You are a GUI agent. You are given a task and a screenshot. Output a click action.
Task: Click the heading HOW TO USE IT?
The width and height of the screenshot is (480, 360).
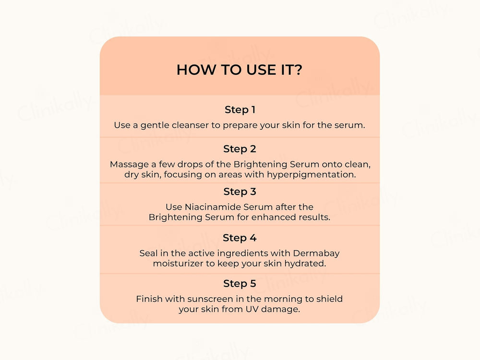pos(240,70)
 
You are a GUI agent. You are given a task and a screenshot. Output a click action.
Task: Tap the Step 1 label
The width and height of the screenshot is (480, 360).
pos(240,110)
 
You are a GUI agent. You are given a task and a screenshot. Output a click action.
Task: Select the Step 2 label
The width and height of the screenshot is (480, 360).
pos(240,149)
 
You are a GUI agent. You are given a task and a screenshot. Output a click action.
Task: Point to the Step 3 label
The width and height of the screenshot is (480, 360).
pos(240,192)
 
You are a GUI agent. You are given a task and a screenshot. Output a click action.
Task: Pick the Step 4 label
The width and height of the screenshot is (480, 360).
pos(240,238)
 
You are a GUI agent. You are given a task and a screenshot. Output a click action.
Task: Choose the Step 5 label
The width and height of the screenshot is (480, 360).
pos(240,284)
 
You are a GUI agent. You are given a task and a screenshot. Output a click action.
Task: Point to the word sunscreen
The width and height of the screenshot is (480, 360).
pos(202,299)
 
